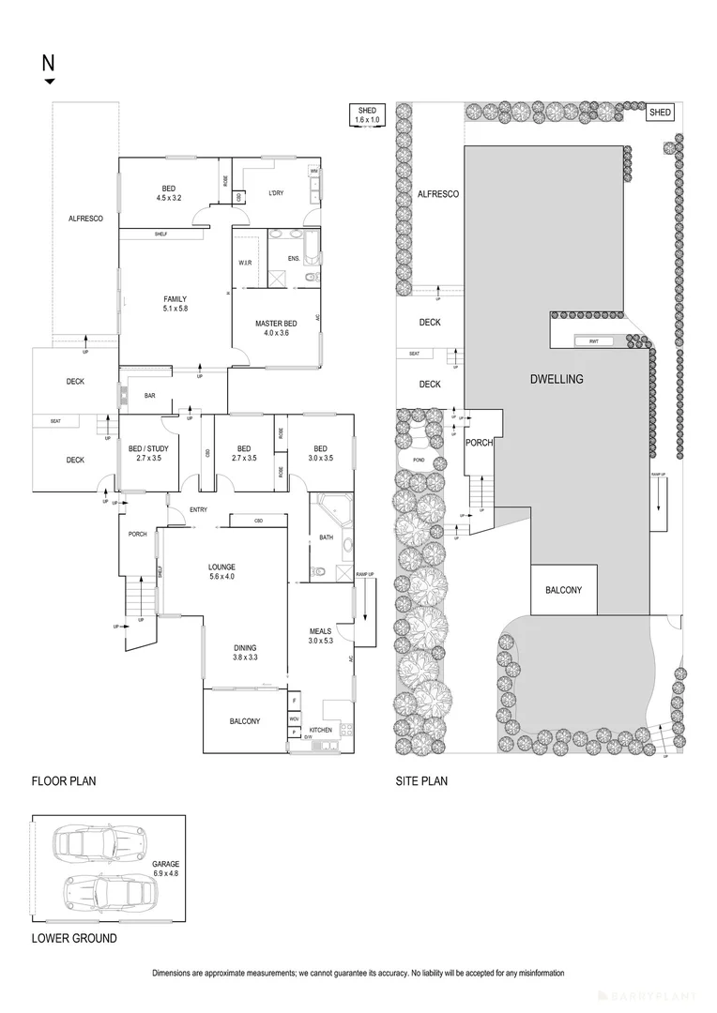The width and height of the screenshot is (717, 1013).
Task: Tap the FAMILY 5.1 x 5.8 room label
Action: [175, 304]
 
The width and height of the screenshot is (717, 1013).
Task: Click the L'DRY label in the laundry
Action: [276, 193]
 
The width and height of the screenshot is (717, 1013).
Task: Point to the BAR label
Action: [149, 396]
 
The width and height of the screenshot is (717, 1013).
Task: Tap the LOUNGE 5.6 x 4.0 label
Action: [221, 571]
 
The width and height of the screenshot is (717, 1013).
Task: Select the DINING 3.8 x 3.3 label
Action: [245, 653]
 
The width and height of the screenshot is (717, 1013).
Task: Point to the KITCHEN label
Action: [320, 729]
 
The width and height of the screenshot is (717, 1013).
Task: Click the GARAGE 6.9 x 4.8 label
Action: [165, 868]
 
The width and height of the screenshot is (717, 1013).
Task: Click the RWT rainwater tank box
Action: [593, 341]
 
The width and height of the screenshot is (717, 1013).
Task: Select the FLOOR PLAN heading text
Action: [64, 780]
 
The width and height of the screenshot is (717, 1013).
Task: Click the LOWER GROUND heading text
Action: [74, 938]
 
